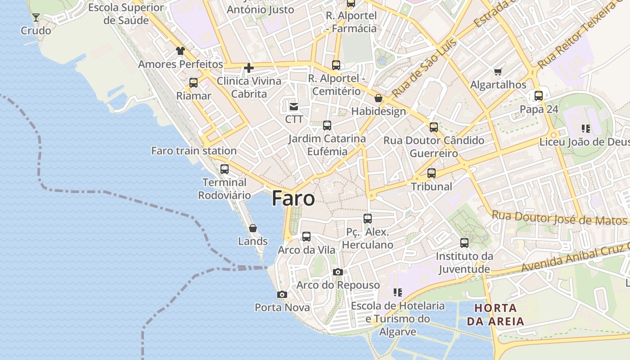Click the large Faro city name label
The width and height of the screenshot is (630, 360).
pyautogui.click(x=293, y=198)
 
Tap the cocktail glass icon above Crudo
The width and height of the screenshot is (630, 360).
pyautogui.click(x=36, y=18)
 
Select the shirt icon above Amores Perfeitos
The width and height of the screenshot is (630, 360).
pyautogui.click(x=180, y=51)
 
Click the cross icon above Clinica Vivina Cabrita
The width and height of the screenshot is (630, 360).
pyautogui.click(x=248, y=68)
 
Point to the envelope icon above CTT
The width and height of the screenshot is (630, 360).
pyautogui.click(x=294, y=107)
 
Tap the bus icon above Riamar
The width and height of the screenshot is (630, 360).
pyautogui.click(x=193, y=83)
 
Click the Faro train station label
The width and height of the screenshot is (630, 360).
pyautogui.click(x=193, y=151)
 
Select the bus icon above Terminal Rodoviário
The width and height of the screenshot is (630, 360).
pyautogui.click(x=224, y=169)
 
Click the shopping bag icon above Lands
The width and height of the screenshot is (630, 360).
pyautogui.click(x=252, y=228)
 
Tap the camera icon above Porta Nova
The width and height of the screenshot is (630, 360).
pyautogui.click(x=282, y=295)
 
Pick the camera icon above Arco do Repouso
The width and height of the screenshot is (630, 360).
pyautogui.click(x=337, y=272)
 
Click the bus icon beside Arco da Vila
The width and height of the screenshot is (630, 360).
pyautogui.click(x=306, y=236)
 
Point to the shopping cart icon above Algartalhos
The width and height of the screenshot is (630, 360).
pyautogui.click(x=498, y=72)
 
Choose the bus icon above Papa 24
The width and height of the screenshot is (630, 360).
pyautogui.click(x=539, y=96)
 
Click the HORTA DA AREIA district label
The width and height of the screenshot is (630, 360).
pyautogui.click(x=495, y=315)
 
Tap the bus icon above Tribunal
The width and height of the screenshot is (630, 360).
pyautogui.click(x=432, y=173)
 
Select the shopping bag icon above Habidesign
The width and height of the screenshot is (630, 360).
pyautogui.click(x=378, y=98)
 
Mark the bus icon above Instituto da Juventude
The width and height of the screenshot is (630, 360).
pyautogui.click(x=464, y=243)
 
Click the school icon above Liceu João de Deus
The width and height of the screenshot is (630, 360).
pyautogui.click(x=585, y=129)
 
